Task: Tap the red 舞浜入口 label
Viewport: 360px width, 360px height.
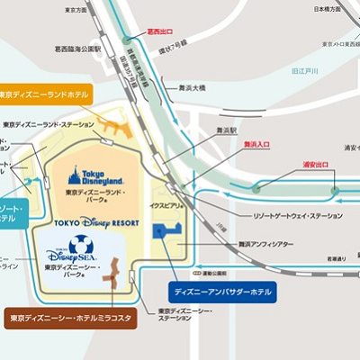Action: click(258, 143)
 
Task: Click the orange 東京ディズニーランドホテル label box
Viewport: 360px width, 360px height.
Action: click(43, 94)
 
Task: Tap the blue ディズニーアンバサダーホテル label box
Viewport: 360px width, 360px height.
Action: click(222, 292)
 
